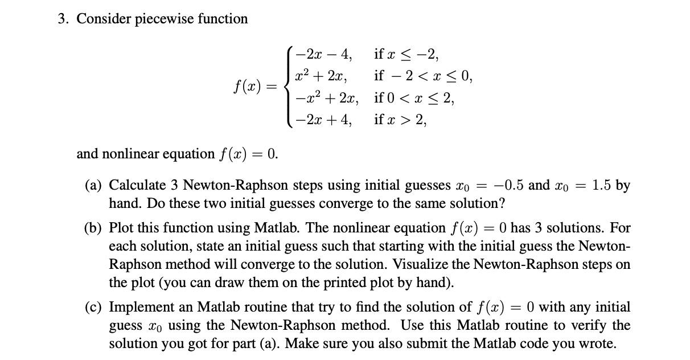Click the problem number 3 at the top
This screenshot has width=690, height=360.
point(61,19)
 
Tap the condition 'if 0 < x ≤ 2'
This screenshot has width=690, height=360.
point(414,99)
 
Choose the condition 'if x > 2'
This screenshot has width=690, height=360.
point(400,120)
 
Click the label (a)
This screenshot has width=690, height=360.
point(93,186)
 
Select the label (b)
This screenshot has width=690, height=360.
point(94,228)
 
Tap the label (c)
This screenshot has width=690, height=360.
point(93,308)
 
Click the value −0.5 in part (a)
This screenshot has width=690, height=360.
point(510,186)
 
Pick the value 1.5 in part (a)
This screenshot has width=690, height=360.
point(602,186)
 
